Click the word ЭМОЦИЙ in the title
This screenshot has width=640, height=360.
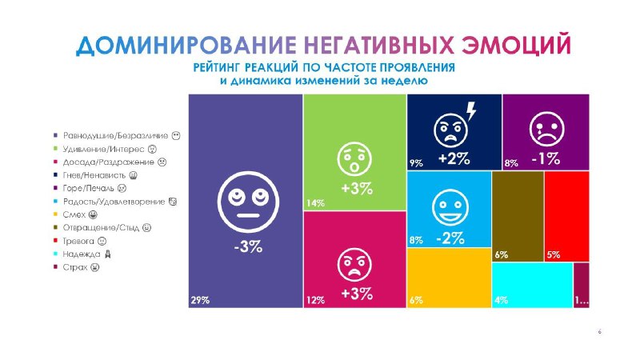[516, 46]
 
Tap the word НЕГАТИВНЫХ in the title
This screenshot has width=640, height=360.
[378, 45]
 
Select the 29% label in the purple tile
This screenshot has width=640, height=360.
[200, 301]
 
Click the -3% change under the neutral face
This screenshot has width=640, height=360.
[248, 246]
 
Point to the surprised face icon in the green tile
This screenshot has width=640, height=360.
[354, 159]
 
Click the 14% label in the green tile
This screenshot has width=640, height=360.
[315, 203]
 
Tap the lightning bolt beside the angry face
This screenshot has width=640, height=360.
[471, 111]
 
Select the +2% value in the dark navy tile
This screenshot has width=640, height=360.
[454, 158]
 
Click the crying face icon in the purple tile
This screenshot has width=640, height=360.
[547, 129]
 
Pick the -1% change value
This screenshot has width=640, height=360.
[546, 158]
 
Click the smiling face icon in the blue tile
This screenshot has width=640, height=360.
[450, 207]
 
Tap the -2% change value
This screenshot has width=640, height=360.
[450, 238]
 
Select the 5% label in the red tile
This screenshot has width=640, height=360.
[554, 255]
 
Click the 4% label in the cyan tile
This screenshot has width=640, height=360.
[502, 301]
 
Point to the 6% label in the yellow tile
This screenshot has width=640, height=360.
[416, 301]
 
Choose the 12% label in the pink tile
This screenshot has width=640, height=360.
[315, 301]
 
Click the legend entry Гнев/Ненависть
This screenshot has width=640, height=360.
[95, 175]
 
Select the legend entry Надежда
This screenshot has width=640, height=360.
[82, 254]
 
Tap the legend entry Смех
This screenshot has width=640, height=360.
[75, 214]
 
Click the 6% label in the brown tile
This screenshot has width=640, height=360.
[502, 255]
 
